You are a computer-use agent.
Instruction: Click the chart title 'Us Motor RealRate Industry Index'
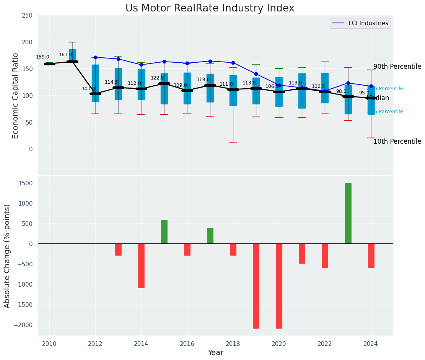click(x=210, y=8)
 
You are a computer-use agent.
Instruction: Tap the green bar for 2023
click(x=348, y=213)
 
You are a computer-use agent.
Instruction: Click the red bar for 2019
click(x=256, y=286)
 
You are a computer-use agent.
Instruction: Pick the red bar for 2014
click(x=141, y=266)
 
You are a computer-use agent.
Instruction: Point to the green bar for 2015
click(x=164, y=232)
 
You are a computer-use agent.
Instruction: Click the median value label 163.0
click(x=65, y=55)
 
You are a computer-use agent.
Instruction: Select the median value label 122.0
click(x=157, y=78)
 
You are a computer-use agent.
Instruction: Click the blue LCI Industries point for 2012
click(x=95, y=57)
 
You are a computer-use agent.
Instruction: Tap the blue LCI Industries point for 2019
click(x=256, y=74)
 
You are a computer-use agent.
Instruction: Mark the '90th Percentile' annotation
click(x=397, y=66)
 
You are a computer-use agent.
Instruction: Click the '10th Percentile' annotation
click(x=397, y=141)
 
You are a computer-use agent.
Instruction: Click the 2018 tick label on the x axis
click(x=233, y=344)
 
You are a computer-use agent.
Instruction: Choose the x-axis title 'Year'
click(x=215, y=353)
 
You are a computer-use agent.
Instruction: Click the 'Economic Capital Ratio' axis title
click(x=16, y=96)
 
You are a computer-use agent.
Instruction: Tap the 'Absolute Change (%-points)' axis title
click(x=7, y=256)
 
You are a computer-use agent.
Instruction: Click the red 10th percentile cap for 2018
click(x=233, y=142)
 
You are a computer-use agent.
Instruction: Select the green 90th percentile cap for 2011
click(x=72, y=42)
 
